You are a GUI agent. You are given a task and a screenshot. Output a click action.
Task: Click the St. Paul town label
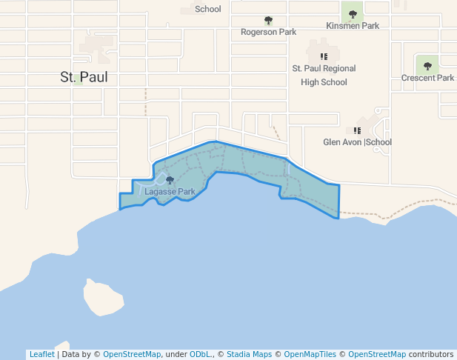(83, 76)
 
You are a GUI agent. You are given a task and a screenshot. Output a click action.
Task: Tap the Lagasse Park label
(170, 191)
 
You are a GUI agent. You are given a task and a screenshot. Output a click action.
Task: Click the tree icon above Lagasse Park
(170, 180)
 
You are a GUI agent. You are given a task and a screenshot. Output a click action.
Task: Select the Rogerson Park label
(268, 32)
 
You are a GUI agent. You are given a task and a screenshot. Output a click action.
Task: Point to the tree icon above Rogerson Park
(268, 21)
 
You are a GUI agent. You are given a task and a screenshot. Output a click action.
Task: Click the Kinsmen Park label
(353, 25)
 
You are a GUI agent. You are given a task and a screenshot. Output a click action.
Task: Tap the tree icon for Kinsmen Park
(353, 13)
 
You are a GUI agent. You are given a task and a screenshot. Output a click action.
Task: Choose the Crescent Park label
(427, 78)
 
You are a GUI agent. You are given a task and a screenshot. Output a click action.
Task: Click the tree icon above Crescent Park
(427, 67)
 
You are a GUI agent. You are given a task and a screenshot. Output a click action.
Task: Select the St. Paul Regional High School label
(324, 75)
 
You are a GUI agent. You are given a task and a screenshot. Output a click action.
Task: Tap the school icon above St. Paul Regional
(324, 56)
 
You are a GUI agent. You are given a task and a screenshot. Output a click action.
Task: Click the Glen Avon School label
(357, 142)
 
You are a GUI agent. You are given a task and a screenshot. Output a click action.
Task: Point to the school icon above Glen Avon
(357, 130)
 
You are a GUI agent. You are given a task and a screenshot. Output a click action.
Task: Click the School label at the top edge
(208, 9)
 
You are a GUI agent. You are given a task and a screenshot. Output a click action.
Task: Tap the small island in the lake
(102, 298)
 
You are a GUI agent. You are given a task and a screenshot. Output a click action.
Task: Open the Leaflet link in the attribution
(41, 354)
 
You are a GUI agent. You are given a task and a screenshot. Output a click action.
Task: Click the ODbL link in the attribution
(200, 354)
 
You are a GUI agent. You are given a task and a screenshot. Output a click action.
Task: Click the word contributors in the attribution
(430, 354)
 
